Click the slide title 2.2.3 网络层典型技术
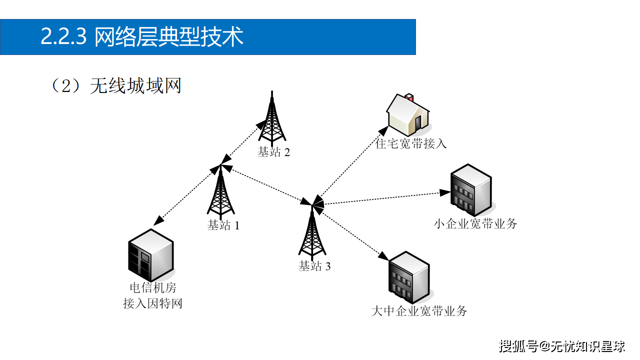[142, 37]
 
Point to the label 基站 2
[273, 152]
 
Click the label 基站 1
[223, 225]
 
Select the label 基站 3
[314, 266]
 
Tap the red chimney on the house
[408, 96]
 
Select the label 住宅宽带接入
[411, 144]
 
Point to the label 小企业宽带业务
[475, 223]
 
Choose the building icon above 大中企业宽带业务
[408, 278]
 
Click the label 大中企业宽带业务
[419, 311]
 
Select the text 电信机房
[153, 288]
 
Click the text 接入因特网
[152, 303]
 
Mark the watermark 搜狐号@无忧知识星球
[562, 346]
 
